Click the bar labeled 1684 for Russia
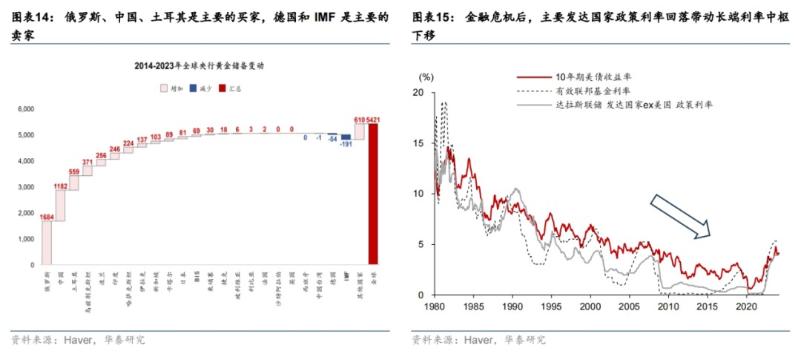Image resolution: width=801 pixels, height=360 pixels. coord(47,243)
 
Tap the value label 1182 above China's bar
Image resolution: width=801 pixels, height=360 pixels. coord(60,187)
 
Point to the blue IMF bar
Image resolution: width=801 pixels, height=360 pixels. coord(346,137)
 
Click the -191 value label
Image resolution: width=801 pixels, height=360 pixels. coord(346,144)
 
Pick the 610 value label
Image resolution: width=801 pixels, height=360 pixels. coord(359,120)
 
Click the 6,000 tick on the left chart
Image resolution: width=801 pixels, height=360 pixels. coord(26,109)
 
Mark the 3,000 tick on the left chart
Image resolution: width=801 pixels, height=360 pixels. coord(26,187)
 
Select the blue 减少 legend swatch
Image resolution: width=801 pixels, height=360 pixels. coord(193,88)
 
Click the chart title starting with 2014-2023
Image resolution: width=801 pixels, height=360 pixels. coord(199,65)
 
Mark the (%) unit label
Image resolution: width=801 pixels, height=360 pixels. coord(426,76)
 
